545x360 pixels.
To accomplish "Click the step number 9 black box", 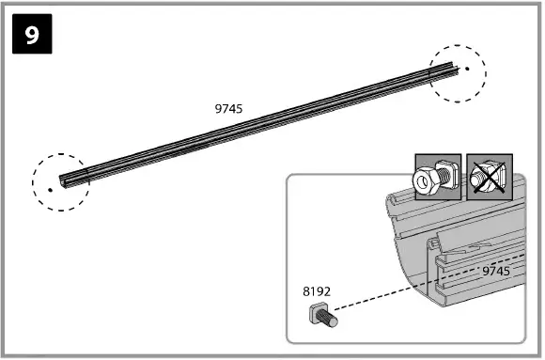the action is (x=32, y=34).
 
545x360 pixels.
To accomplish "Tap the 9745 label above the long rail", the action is (x=228, y=109).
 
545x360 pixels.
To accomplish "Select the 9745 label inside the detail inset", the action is (x=496, y=271).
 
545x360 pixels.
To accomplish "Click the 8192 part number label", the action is (x=317, y=291).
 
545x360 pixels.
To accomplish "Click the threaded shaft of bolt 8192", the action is (x=330, y=317).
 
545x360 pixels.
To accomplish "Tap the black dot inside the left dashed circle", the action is (x=51, y=190).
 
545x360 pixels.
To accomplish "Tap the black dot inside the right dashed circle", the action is (x=467, y=69).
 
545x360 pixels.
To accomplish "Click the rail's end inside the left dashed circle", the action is (x=63, y=181).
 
